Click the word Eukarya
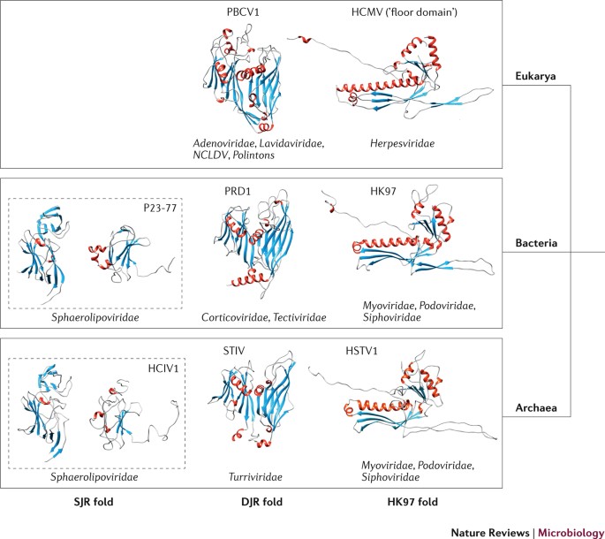click(537, 77)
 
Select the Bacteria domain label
click(538, 241)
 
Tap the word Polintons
click(268, 155)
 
